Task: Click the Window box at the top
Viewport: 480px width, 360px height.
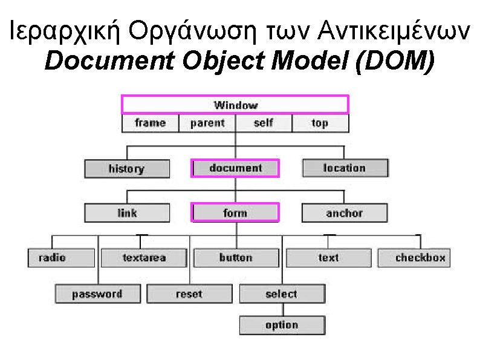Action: pos(235,105)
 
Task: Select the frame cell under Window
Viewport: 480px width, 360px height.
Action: pos(151,123)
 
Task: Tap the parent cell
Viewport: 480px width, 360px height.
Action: pos(207,123)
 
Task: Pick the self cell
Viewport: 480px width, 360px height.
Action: pos(264,123)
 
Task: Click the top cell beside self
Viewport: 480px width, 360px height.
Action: pos(320,123)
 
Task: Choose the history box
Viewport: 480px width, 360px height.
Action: pos(126,169)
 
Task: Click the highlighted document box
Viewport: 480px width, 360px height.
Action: pos(235,168)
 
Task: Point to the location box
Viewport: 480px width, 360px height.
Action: pos(345,168)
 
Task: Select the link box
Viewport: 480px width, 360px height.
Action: pos(127,213)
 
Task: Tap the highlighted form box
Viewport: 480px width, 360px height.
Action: pos(235,213)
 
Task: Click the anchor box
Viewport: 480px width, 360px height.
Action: pos(345,213)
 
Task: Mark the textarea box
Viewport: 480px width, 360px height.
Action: pos(144,258)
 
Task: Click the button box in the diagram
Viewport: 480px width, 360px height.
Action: pos(236,258)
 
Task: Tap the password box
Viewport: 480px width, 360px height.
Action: pos(97,295)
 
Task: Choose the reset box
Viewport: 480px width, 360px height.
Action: pos(189,295)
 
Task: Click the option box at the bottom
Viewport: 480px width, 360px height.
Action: pos(282,326)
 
